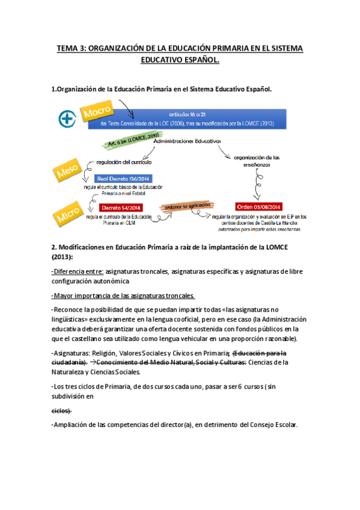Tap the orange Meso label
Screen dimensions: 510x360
(68, 172)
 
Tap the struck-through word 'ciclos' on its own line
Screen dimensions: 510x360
(61, 410)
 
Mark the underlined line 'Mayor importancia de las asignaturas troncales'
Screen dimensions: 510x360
(123, 295)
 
